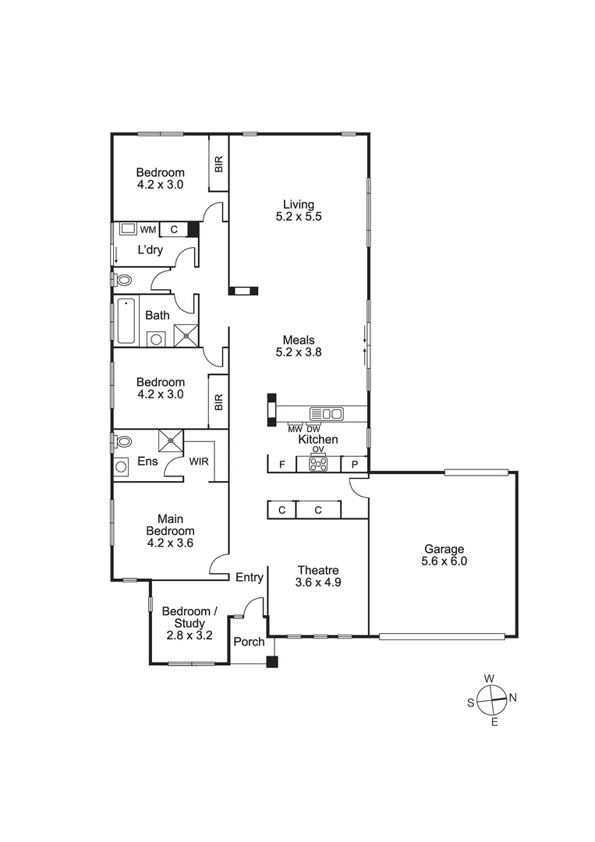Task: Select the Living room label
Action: (298, 210)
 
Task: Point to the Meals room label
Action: (298, 345)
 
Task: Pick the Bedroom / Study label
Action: (185, 623)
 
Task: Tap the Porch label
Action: (249, 642)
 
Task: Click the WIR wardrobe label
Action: (199, 462)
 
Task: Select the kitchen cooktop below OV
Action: (318, 463)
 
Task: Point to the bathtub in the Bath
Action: (126, 320)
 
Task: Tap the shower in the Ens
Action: (170, 440)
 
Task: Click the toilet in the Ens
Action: (122, 441)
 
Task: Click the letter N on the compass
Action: (513, 697)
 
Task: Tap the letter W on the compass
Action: (489, 678)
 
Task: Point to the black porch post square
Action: (271, 663)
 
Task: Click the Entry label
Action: (249, 578)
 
